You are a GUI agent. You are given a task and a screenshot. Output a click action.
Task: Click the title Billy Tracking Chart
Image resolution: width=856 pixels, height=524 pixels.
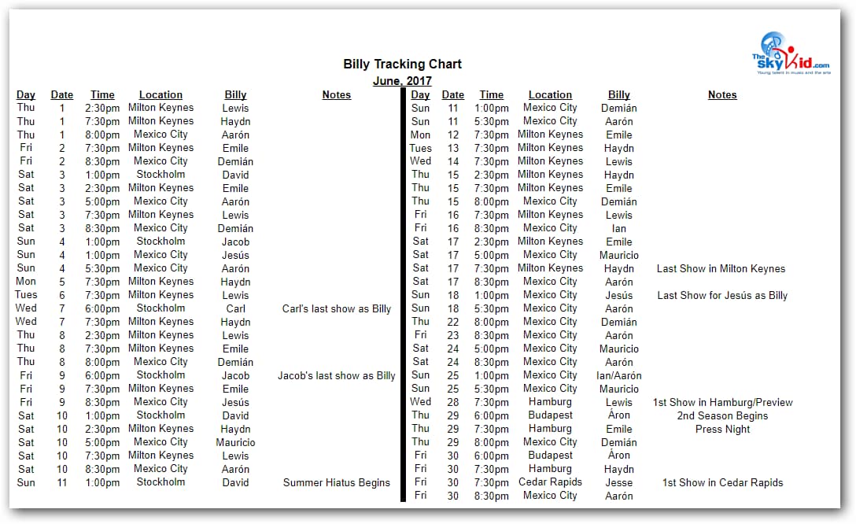tap(402, 64)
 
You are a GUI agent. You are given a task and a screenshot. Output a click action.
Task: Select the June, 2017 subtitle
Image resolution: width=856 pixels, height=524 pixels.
tap(402, 80)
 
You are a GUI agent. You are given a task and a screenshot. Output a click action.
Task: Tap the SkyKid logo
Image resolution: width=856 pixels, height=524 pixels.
tap(790, 54)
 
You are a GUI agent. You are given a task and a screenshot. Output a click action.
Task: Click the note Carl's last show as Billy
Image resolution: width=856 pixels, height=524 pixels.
tap(337, 308)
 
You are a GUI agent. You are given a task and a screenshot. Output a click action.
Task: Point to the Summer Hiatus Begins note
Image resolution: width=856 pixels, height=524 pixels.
tap(337, 482)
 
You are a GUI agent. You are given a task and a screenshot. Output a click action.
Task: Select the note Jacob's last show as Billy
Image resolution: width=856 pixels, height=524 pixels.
tap(337, 375)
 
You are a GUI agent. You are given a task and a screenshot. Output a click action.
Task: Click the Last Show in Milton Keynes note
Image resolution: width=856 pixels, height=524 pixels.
tap(721, 268)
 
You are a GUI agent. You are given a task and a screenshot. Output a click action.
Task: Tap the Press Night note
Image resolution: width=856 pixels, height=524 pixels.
tap(722, 429)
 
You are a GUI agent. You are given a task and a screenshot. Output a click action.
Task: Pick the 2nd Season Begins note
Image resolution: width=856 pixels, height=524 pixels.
tap(722, 415)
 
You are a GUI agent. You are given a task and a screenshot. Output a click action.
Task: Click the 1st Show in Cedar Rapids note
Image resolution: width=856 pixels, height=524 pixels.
tap(722, 482)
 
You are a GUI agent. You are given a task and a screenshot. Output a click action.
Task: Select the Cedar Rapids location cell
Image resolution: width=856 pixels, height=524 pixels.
tap(550, 482)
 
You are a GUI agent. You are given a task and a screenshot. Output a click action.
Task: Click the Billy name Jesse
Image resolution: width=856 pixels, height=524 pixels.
tap(619, 482)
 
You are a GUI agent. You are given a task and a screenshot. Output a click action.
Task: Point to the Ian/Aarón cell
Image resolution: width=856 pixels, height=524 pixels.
tap(619, 375)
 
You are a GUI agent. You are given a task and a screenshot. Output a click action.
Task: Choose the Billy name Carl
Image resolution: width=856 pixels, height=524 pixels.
tap(236, 308)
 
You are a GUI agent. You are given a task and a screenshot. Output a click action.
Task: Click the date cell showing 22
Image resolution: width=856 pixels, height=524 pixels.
tap(453, 321)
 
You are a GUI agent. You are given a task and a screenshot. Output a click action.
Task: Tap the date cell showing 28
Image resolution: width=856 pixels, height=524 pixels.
tap(453, 401)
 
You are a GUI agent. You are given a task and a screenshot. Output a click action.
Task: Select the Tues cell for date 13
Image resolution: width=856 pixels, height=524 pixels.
tap(421, 148)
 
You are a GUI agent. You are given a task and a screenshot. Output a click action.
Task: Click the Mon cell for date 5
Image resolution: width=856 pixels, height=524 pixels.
tap(26, 281)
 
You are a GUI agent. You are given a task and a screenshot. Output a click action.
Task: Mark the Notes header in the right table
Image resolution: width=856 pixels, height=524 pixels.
tap(722, 94)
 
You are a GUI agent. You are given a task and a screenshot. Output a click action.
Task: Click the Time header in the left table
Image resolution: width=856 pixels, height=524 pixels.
tap(102, 94)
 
